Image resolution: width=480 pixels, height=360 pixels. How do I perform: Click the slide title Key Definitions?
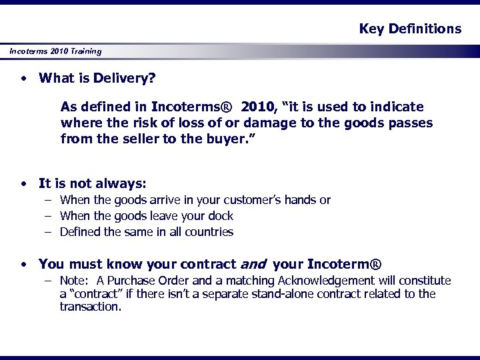pyautogui.click(x=410, y=29)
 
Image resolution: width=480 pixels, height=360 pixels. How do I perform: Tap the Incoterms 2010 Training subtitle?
pyautogui.click(x=55, y=51)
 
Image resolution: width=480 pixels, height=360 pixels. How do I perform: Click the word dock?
pyautogui.click(x=221, y=216)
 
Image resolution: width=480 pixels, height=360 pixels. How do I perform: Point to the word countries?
pyautogui.click(x=209, y=232)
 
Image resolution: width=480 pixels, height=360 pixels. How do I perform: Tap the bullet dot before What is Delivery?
pyautogui.click(x=24, y=79)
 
